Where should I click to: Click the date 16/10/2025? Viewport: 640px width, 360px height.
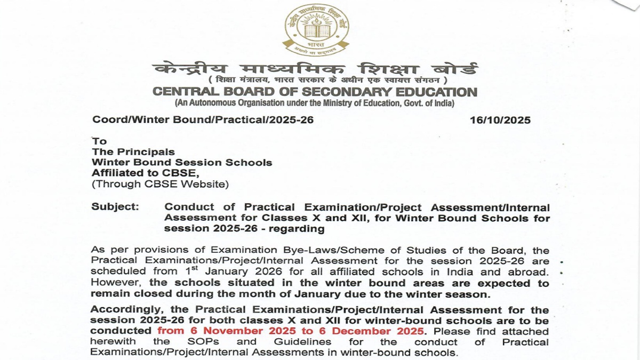pos(500,121)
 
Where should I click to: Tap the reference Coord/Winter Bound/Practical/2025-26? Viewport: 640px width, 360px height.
pos(203,120)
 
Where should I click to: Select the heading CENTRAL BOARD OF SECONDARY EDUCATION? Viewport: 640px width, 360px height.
pos(315,92)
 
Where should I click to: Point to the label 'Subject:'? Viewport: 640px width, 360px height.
pos(116,207)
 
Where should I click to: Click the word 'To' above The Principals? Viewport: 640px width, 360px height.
pos(99,141)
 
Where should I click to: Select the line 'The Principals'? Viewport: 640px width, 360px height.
pos(133,152)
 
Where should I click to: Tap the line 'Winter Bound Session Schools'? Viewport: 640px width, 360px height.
pos(181,163)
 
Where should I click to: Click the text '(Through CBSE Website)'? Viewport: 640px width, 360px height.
pos(160,185)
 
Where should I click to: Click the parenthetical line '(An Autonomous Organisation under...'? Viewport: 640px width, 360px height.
pos(314,103)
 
